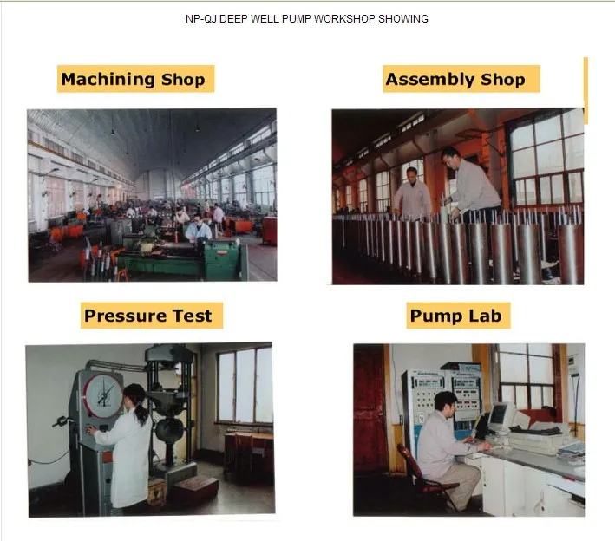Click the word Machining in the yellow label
point(108,79)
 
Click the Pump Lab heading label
point(458,316)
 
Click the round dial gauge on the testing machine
point(102,395)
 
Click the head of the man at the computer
point(446,402)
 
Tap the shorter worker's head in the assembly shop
point(411,174)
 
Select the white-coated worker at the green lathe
point(199,230)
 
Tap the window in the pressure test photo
point(245,385)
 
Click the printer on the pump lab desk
point(536,439)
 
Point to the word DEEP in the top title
point(233,19)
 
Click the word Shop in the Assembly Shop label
point(503,80)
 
